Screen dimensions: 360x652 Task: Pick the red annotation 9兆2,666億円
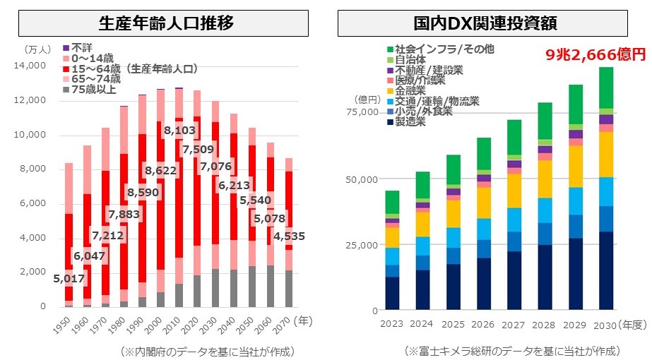[596, 53]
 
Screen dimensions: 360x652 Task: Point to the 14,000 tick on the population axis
[30, 66]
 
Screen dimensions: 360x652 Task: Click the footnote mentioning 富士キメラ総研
[513, 350]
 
